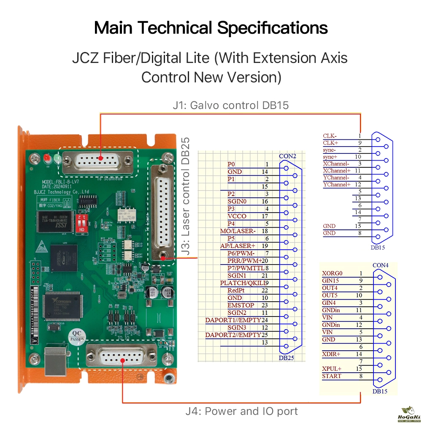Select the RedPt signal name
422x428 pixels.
tap(237, 290)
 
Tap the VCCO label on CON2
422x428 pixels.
tap(237, 216)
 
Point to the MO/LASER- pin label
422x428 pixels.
tap(238, 231)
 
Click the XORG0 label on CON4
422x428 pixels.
tap(332, 273)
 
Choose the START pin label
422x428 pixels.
tap(332, 376)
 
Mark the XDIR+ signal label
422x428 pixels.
tap(331, 354)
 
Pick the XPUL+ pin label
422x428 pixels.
tap(332, 369)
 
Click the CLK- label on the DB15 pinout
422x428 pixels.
tap(330, 136)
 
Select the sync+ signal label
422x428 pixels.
tap(330, 157)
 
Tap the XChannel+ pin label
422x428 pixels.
tap(336, 171)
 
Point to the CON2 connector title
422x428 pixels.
tap(288, 156)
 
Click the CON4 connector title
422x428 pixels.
tap(381, 265)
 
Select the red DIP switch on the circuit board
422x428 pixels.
tap(85, 222)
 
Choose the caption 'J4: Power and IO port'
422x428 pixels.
tap(241, 411)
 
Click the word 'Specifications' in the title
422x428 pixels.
tap(272, 28)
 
